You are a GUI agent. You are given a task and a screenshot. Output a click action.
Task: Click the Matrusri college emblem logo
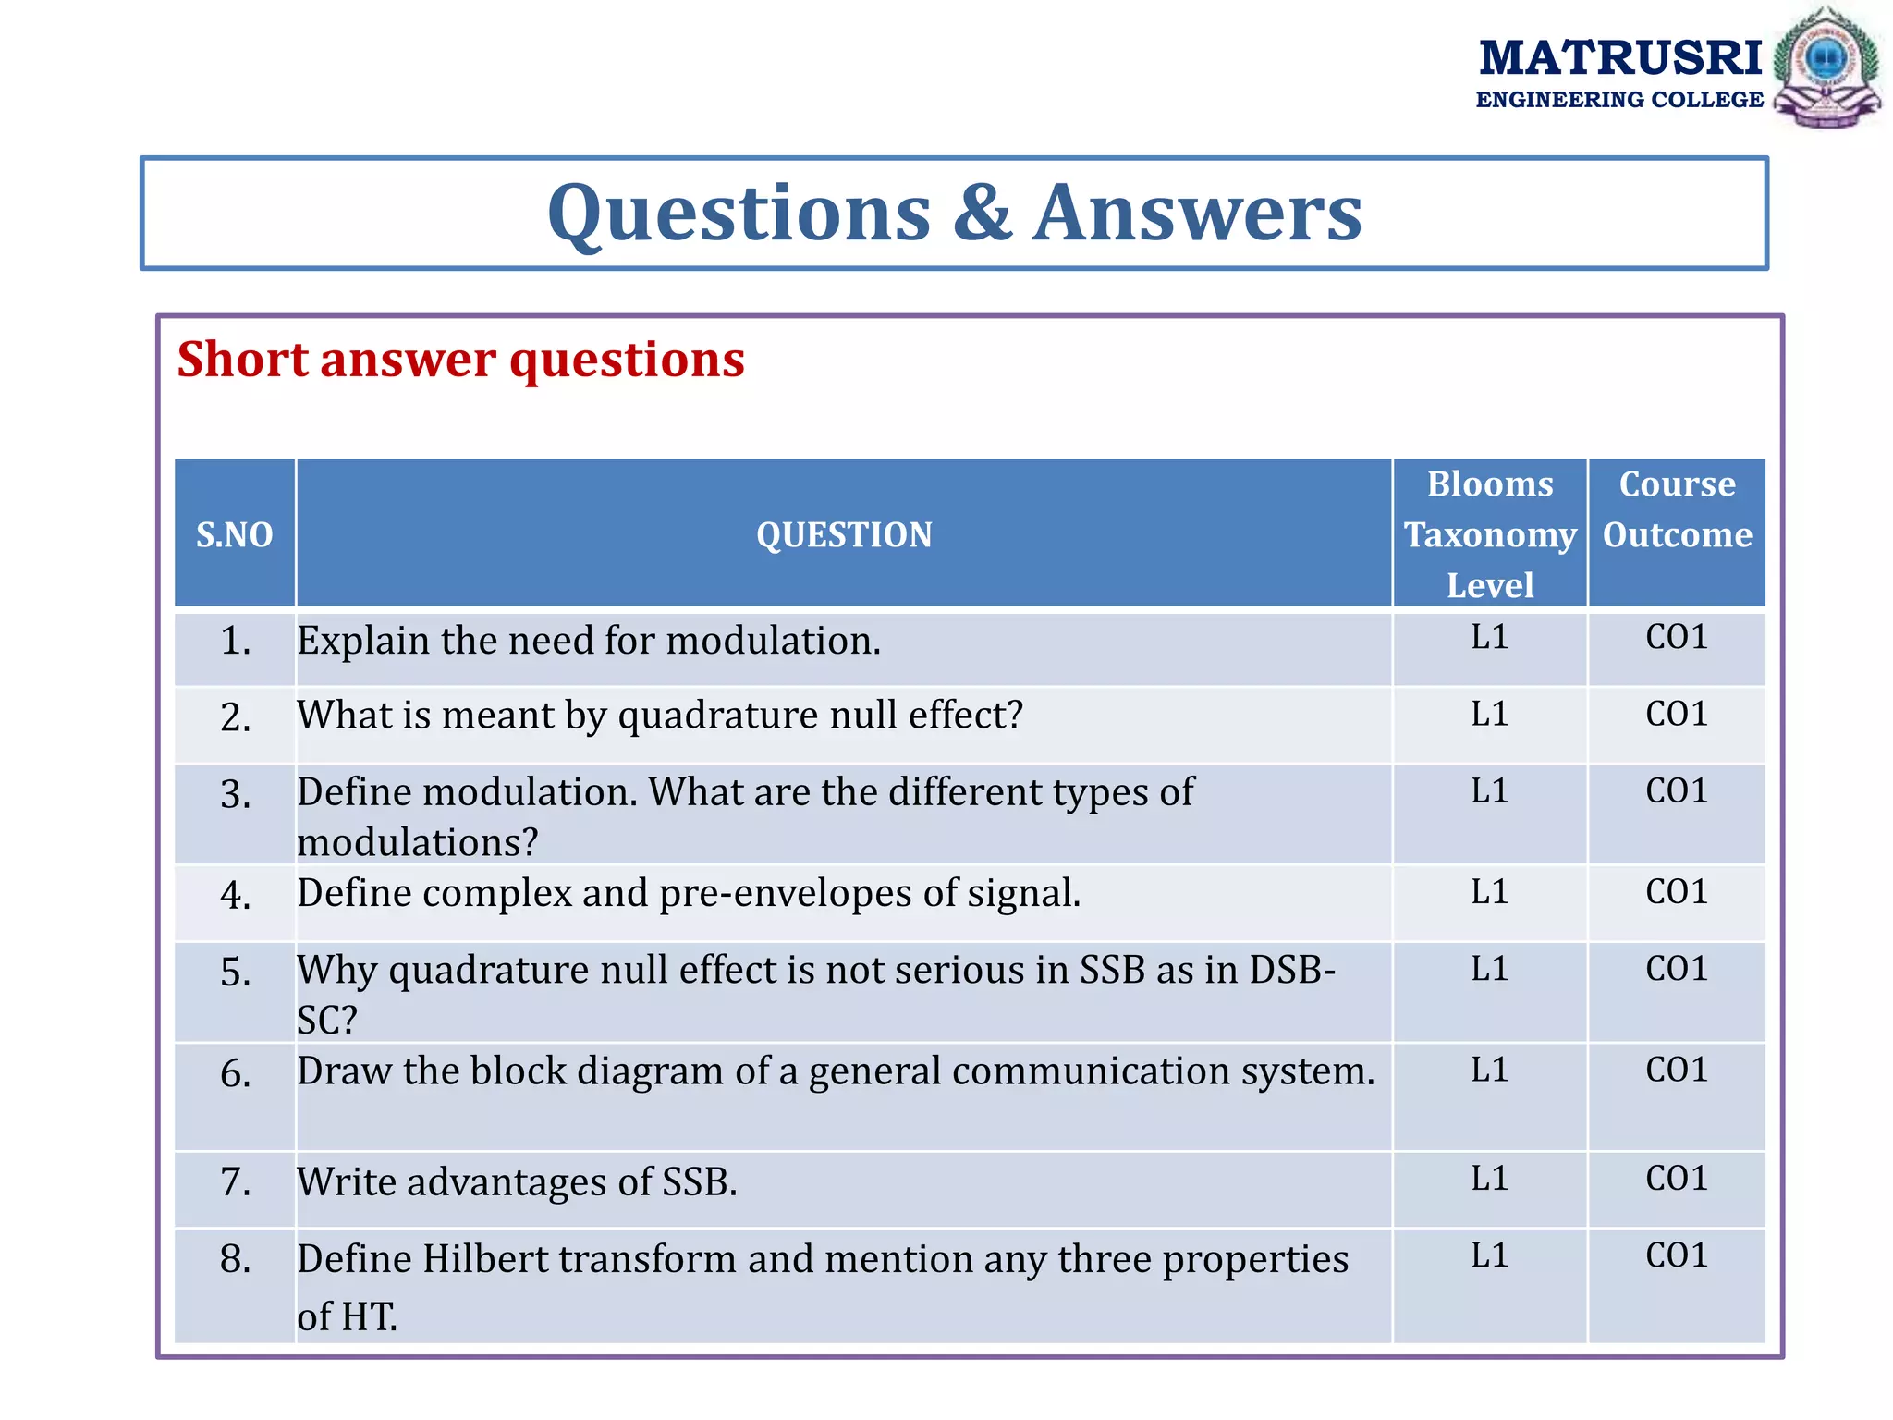coord(1826,67)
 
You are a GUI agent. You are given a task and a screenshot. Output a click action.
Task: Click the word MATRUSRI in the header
coord(1620,58)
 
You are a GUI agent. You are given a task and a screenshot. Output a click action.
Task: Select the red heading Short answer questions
coord(460,359)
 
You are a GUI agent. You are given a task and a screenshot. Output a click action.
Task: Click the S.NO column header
coord(235,534)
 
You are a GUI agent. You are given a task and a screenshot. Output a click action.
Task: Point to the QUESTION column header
coord(844,534)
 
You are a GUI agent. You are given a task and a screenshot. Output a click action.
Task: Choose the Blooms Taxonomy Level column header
coord(1490,534)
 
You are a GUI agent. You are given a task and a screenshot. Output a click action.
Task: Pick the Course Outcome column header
coord(1677,509)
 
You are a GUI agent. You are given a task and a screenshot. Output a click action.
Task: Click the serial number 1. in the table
coord(236,640)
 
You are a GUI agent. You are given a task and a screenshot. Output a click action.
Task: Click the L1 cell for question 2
coord(1490,714)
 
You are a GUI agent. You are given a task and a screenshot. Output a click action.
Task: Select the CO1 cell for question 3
coord(1677,790)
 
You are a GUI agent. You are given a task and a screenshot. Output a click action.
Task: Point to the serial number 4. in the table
coord(236,895)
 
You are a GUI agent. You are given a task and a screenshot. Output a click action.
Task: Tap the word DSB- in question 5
coord(1292,969)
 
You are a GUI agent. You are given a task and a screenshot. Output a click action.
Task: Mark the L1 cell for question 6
coord(1490,1070)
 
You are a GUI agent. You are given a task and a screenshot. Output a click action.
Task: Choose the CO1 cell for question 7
coord(1677,1178)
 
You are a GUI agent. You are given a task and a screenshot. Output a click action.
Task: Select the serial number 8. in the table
coord(236,1258)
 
